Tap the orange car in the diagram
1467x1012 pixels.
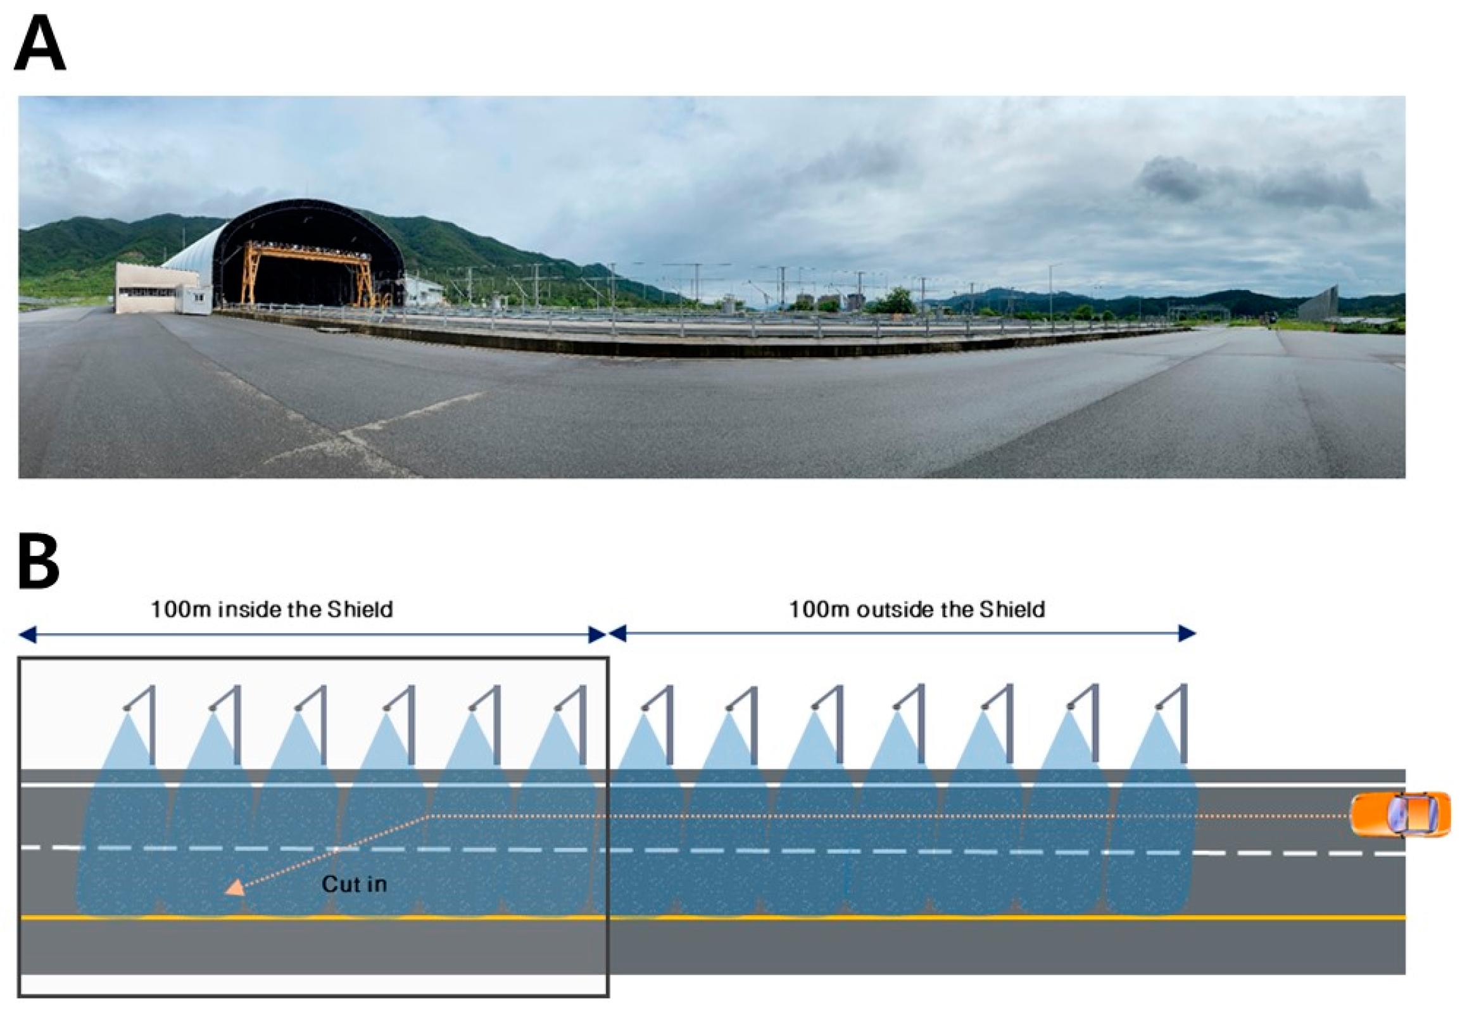1399,814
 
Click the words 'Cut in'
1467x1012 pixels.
354,884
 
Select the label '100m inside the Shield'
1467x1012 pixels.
272,609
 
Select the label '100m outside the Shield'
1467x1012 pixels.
916,609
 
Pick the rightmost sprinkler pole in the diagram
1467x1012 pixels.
1183,723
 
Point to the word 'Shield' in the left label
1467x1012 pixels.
360,609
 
